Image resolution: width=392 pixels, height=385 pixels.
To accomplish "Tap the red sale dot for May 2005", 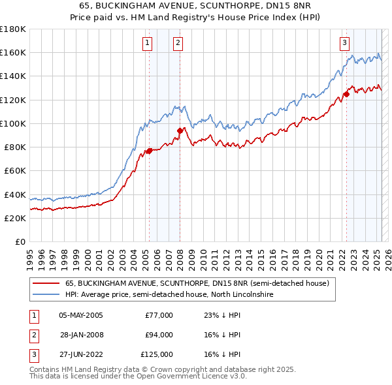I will pos(149,151).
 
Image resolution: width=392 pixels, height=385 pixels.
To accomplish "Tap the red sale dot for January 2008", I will pos(180,131).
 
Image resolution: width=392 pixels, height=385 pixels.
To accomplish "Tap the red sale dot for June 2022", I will pos(346,94).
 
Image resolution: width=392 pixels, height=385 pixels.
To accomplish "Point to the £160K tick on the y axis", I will pos(14,52).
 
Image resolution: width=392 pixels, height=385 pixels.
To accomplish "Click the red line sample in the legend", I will pos(46,283).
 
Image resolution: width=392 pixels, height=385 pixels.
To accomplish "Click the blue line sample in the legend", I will pos(46,295).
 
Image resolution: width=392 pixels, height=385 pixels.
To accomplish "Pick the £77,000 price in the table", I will pos(159,315).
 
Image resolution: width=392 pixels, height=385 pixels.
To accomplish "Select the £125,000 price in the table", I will pos(157,354).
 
